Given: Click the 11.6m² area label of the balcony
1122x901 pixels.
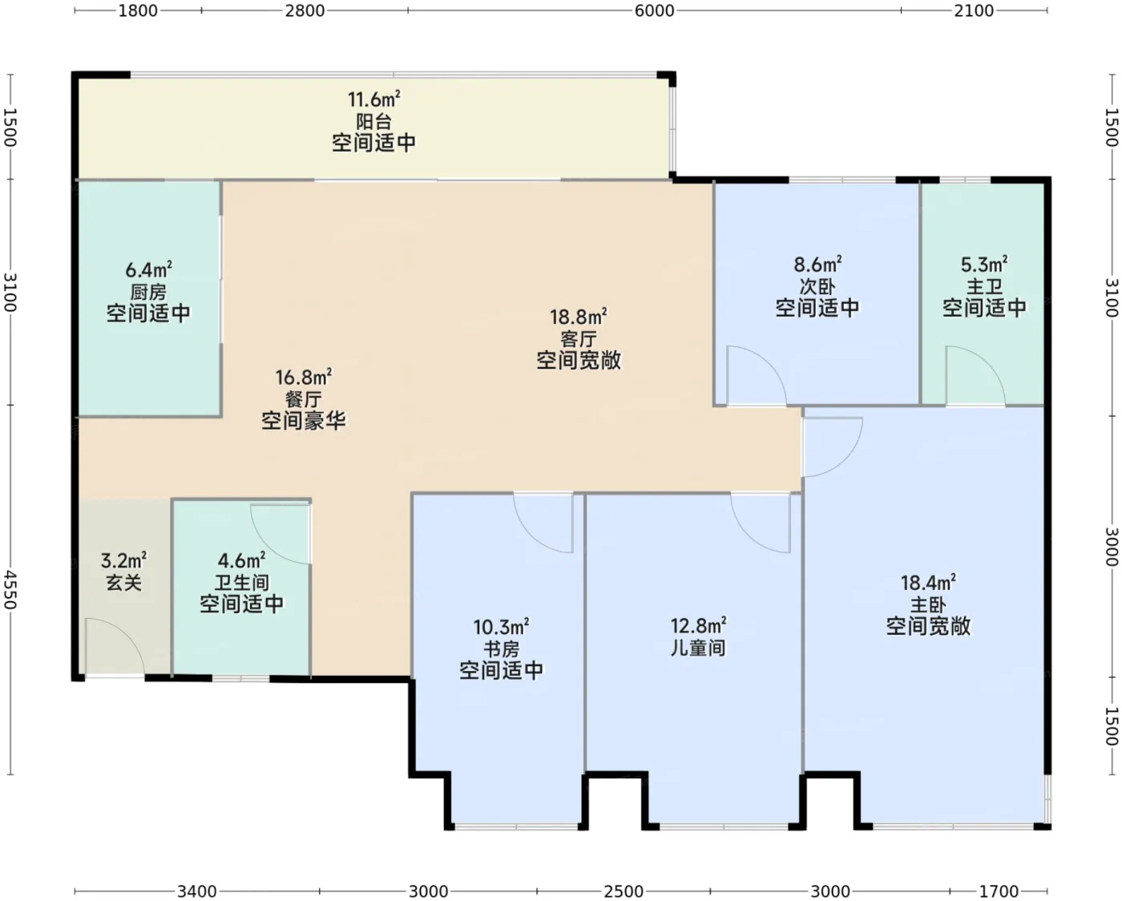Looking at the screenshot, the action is pos(373,99).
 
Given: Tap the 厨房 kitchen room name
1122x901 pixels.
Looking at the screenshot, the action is pos(148,292).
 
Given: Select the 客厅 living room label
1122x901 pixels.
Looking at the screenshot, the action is pos(578,339).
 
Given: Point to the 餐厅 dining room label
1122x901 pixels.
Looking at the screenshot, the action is pos(304,399).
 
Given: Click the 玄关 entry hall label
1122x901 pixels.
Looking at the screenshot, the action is pos(123,583).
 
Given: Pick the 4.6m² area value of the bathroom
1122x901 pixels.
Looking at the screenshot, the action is pos(241,561).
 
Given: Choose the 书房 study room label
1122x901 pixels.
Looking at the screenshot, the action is pos(501,648).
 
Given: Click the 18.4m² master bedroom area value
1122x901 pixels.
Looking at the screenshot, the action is pos(928,583).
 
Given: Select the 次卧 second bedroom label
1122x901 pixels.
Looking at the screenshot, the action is pos(817,286).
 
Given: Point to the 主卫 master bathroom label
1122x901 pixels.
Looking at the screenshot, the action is pos(984,286).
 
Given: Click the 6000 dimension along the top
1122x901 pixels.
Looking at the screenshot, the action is pos(654,10).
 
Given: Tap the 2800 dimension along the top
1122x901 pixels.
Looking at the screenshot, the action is pos(305,10).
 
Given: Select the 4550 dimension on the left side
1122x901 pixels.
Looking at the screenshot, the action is pos(10,590).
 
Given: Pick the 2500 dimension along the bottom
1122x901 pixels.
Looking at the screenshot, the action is pos(624,891).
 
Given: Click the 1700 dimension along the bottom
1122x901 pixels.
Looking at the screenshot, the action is pos(999,891).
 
